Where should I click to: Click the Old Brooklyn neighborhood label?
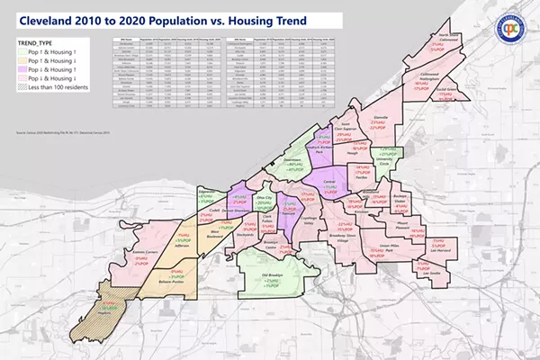point(273,276)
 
